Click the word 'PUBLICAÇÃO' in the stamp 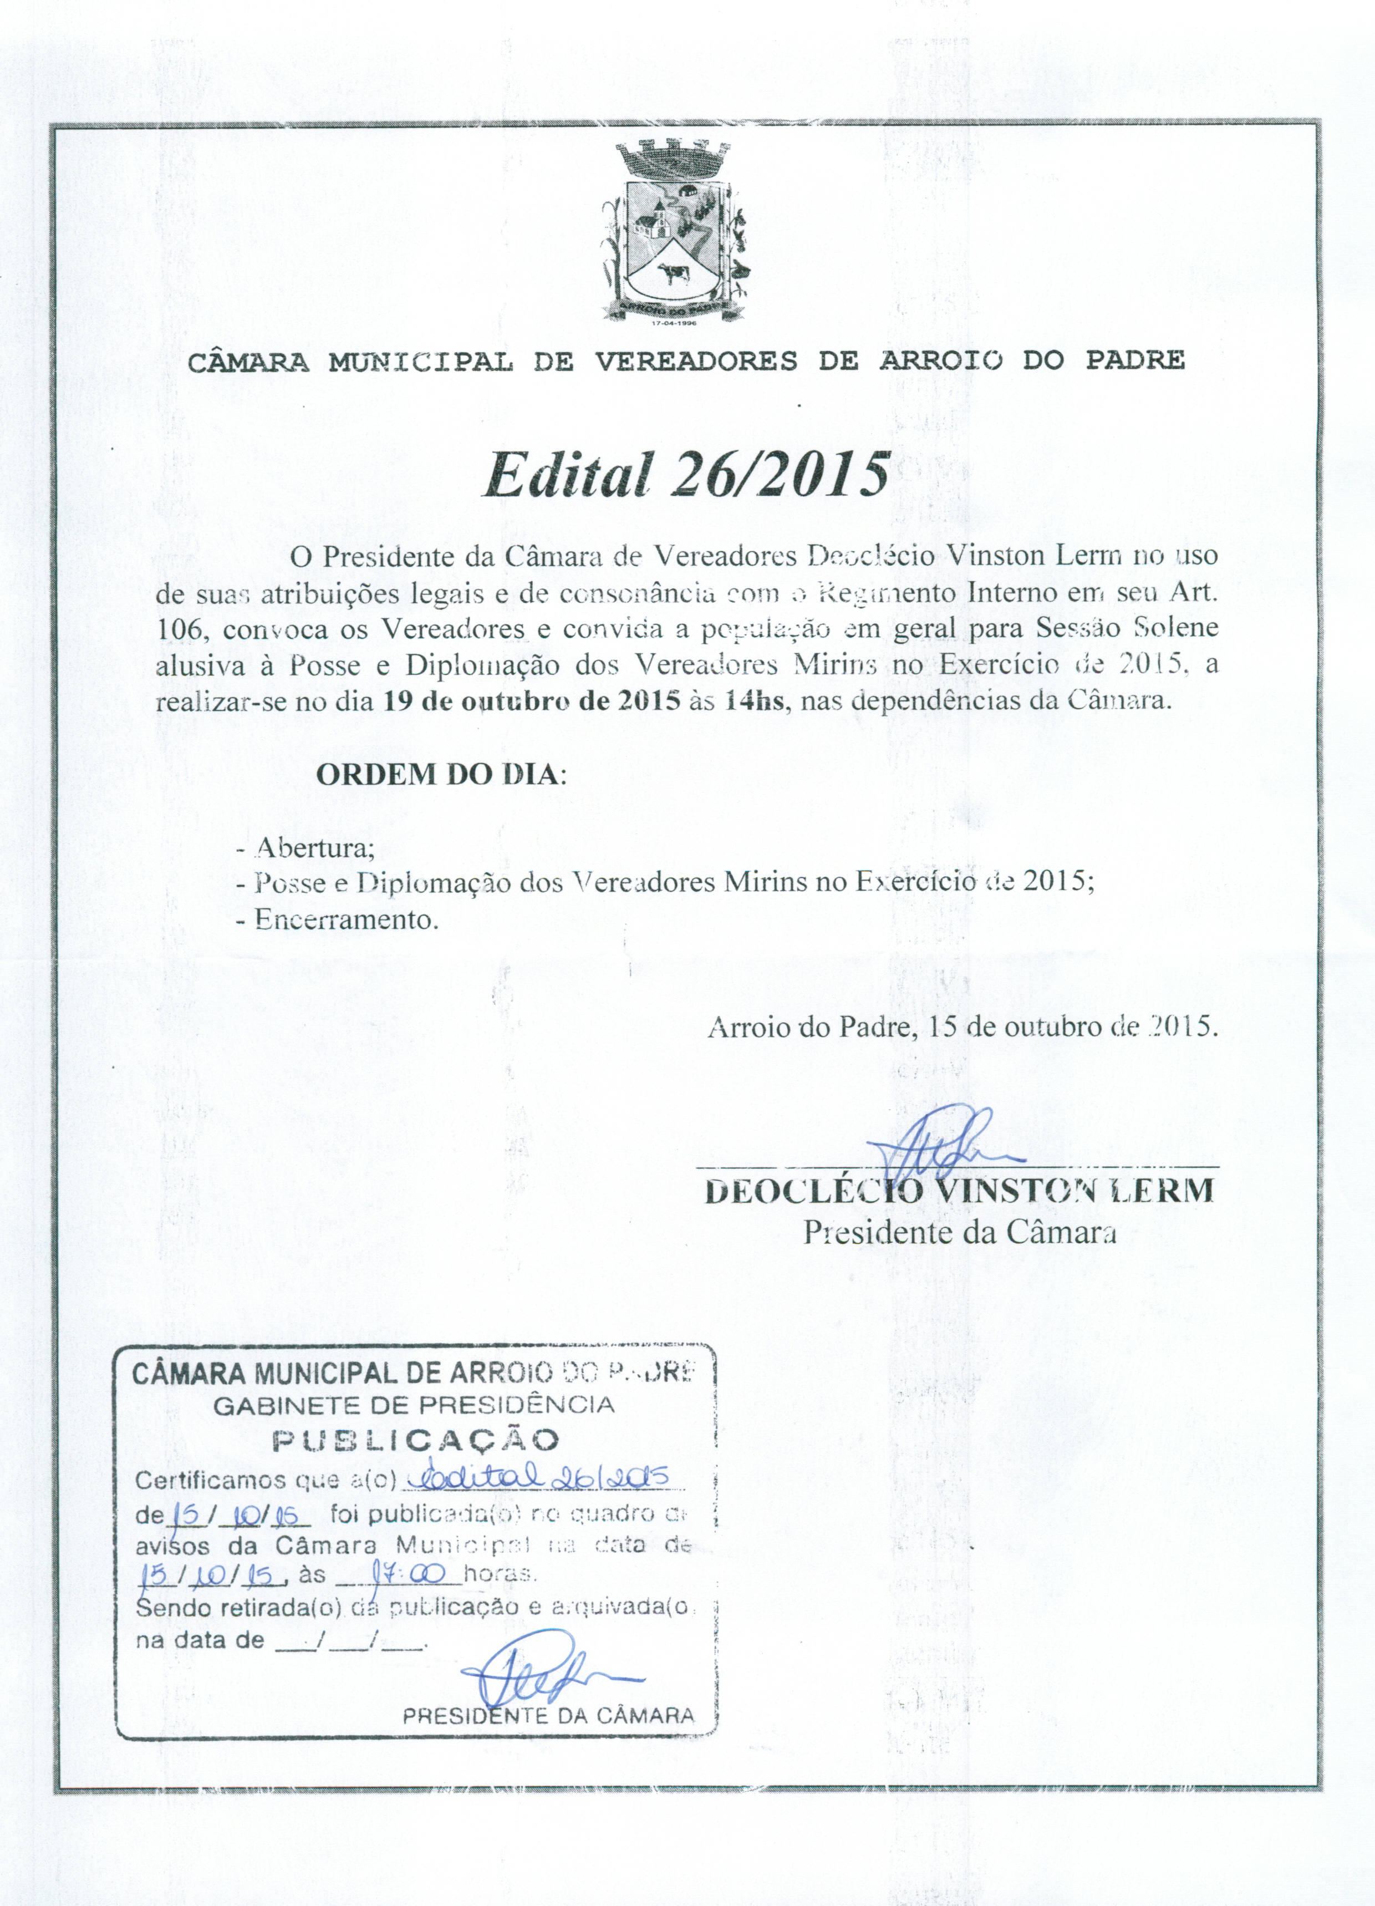click(x=416, y=1440)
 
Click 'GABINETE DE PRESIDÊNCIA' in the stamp click(x=414, y=1404)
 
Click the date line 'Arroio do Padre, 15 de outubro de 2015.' click(x=962, y=1027)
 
